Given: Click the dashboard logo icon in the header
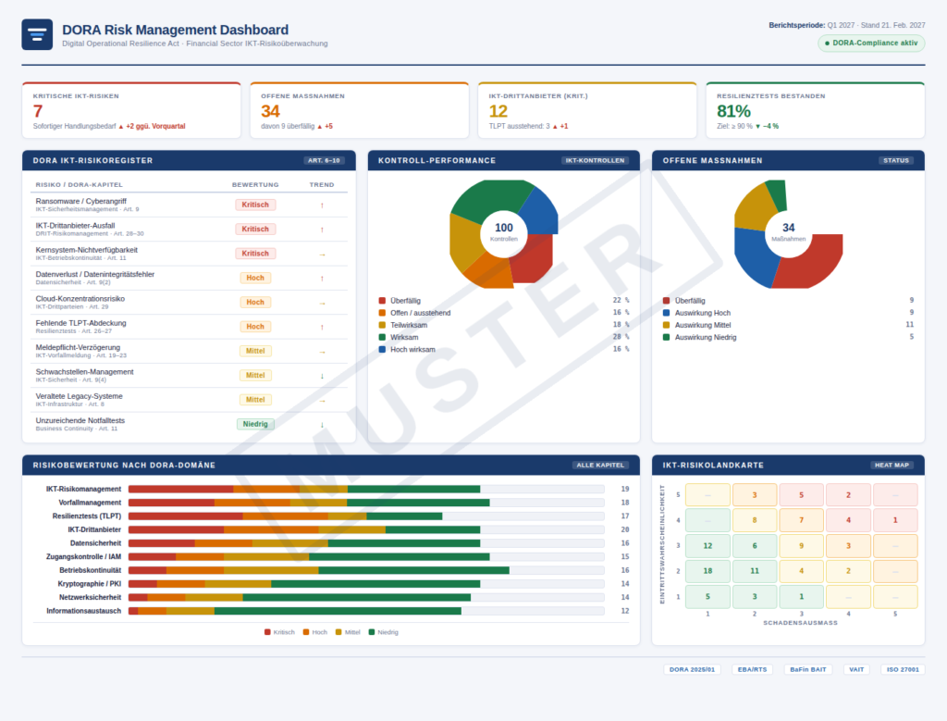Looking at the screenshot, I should pos(37,34).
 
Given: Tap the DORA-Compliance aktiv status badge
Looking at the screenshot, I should pos(870,43).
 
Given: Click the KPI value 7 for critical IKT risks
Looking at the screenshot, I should pos(38,111).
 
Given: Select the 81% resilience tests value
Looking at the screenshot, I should pos(733,111).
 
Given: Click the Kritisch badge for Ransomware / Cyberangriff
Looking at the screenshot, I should pos(255,205).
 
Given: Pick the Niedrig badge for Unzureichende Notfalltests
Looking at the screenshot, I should pos(255,424).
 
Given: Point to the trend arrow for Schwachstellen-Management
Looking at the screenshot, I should pos(322,375).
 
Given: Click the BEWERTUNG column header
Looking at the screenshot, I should pos(255,184).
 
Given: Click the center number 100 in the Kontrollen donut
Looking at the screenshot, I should pos(504,228).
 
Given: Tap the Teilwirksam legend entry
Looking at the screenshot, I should pos(408,325).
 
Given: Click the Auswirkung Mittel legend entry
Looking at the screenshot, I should pos(703,325).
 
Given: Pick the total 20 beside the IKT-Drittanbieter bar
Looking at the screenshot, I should pos(625,529).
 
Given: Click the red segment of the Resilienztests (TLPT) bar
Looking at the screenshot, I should pos(185,516).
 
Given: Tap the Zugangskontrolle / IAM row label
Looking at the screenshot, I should pos(83,556).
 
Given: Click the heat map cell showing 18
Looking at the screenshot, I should pos(707,571).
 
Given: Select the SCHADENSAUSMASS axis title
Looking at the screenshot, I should pos(800,623).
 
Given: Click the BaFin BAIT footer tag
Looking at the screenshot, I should pos(807,669).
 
